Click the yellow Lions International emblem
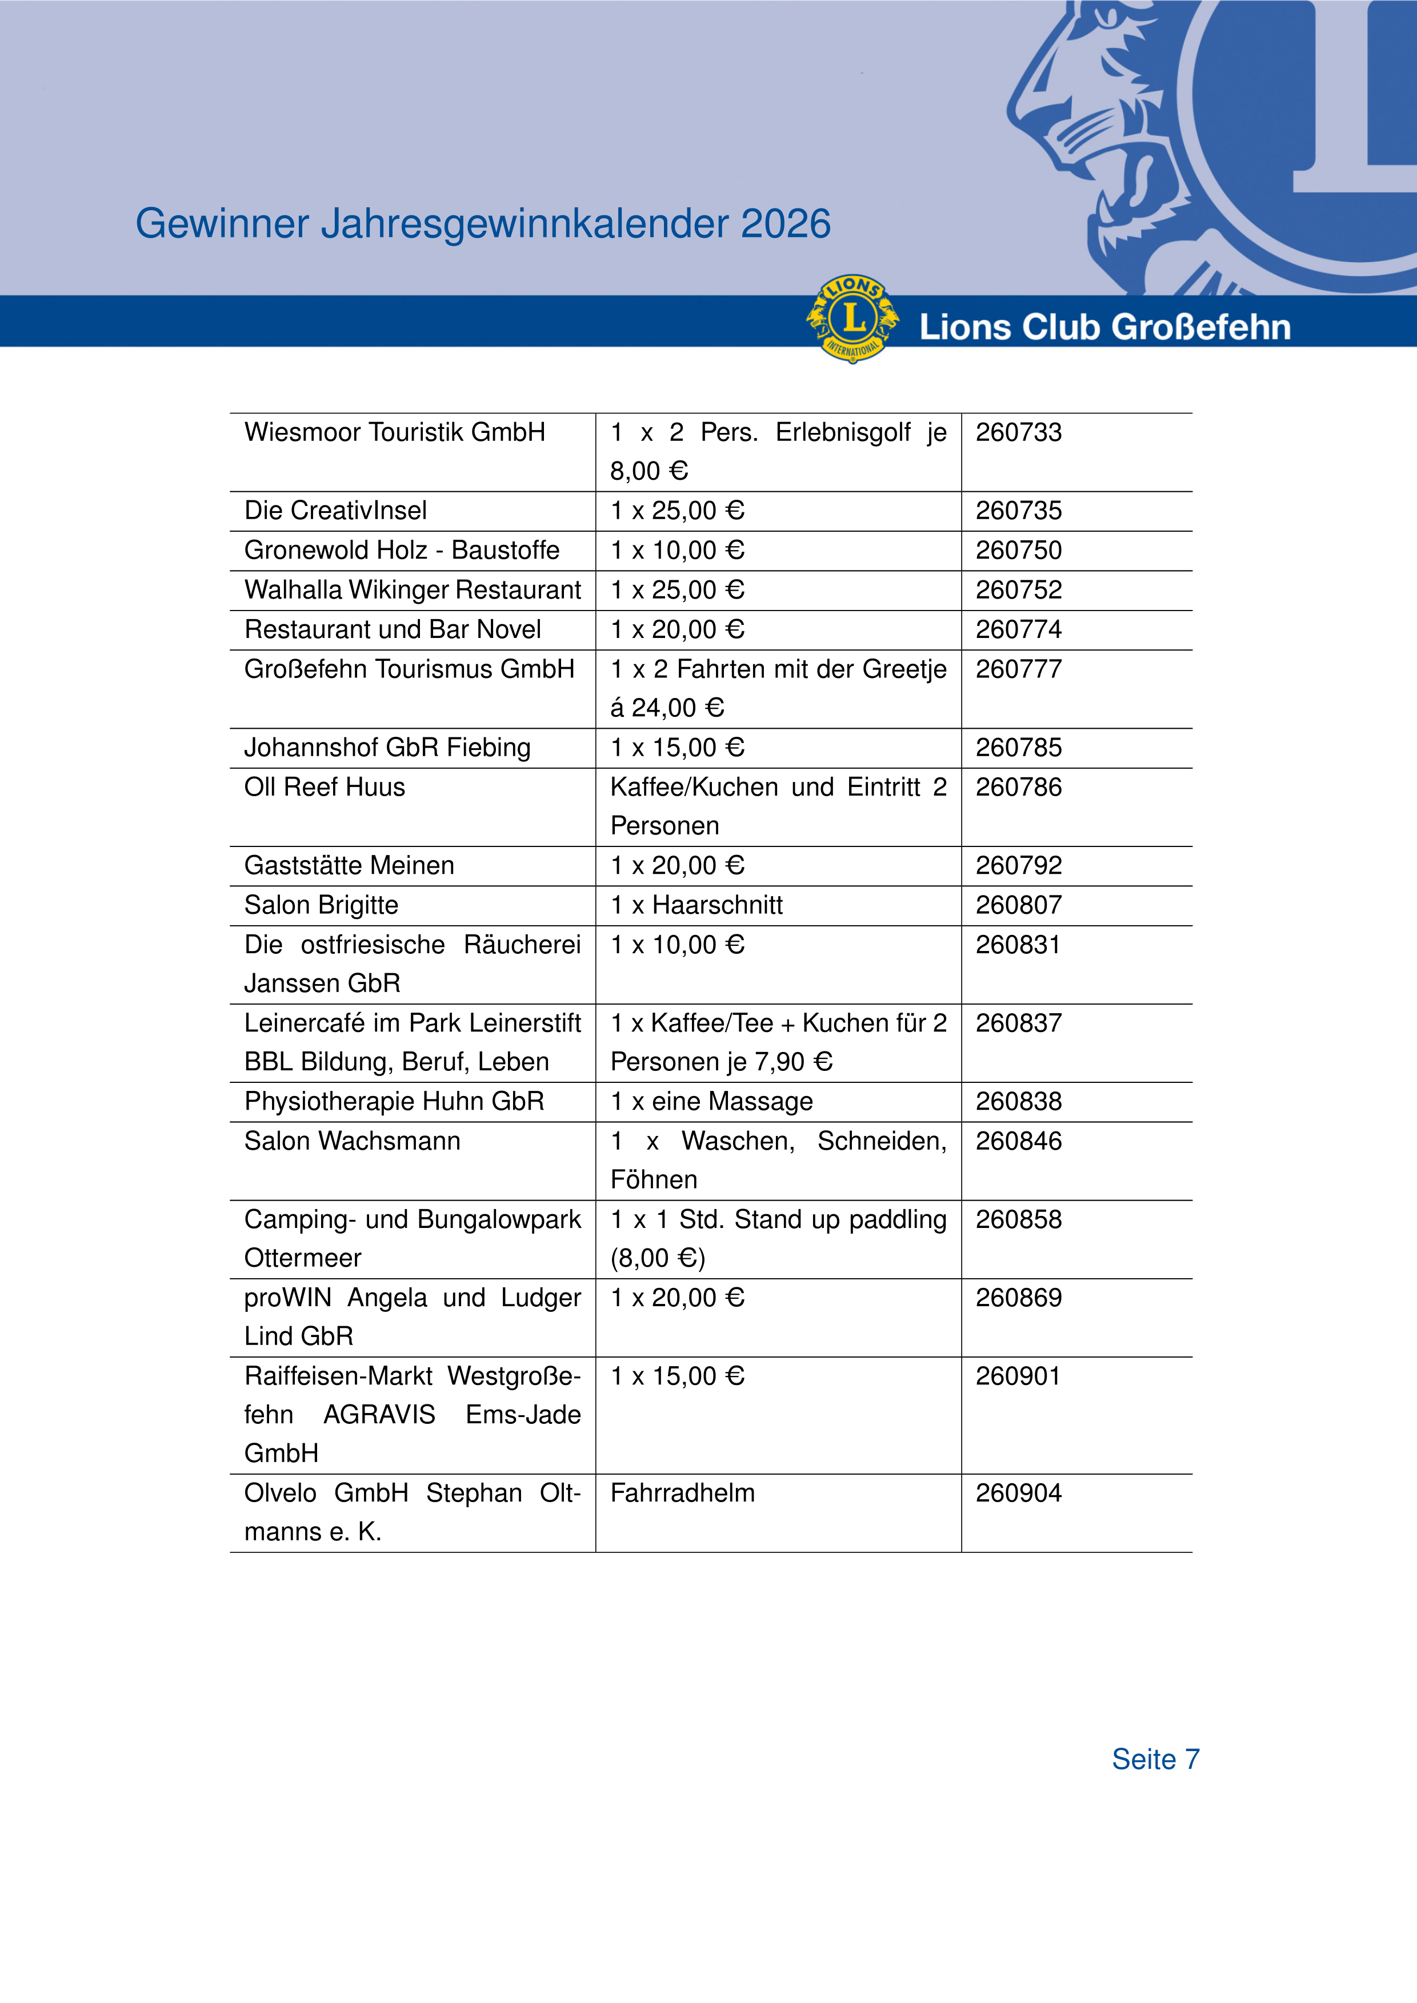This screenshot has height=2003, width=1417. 852,319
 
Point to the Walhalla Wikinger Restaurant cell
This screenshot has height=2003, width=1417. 412,590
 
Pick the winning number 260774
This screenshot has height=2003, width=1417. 1018,629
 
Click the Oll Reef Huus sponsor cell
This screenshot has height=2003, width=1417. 325,787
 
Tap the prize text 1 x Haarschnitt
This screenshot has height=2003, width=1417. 697,905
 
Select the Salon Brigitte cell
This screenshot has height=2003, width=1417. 321,905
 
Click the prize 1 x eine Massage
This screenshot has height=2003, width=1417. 711,1101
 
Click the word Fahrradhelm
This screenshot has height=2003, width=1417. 682,1492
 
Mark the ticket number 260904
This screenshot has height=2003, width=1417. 1018,1492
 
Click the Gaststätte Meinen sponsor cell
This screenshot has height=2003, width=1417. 349,865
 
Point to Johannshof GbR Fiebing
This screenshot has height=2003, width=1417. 387,748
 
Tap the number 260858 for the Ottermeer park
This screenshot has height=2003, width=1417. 1018,1219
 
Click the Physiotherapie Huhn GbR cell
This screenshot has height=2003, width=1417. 394,1101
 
